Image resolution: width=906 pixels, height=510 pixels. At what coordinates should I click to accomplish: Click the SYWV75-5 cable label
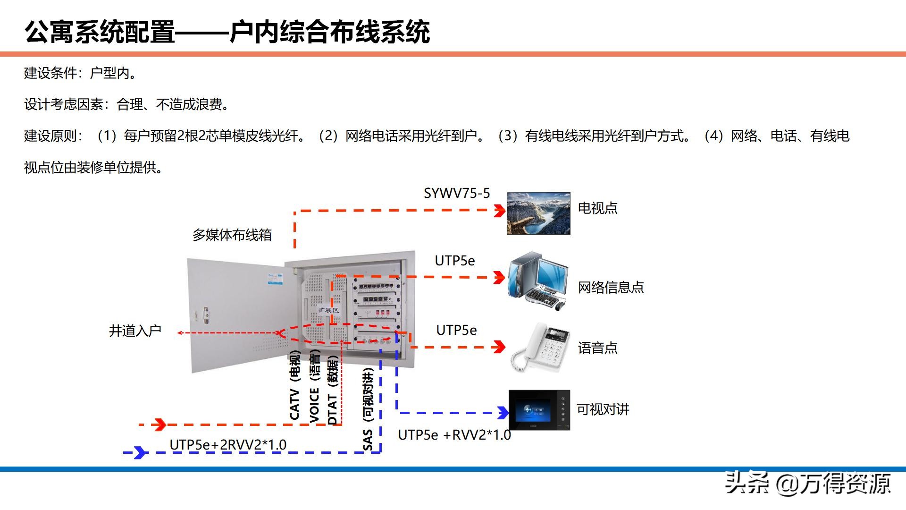456,193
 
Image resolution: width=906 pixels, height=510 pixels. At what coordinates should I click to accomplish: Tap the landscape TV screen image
538,213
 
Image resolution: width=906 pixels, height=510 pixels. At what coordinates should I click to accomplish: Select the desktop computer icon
538,280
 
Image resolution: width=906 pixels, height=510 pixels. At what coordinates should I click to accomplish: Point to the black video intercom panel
539,409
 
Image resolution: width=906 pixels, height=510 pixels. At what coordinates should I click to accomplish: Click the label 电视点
597,208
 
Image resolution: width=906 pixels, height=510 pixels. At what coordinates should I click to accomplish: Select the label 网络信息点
611,287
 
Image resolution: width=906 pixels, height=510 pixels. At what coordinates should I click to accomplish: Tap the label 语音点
597,348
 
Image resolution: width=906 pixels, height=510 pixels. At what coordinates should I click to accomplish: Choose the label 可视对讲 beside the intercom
603,409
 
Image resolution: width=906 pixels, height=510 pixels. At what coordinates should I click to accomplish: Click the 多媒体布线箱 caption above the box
232,235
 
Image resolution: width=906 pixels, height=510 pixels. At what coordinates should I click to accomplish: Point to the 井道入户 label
135,331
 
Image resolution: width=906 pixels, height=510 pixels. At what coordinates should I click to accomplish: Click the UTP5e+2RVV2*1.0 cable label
228,444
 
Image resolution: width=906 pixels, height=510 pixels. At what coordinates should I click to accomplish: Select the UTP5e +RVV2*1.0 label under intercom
454,435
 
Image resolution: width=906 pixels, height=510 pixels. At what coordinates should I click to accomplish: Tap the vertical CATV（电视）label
295,385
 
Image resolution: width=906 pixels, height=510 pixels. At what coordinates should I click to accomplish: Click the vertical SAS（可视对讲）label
368,409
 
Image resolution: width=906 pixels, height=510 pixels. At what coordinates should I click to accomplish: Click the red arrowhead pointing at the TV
499,211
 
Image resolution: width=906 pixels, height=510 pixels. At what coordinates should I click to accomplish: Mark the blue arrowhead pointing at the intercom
503,413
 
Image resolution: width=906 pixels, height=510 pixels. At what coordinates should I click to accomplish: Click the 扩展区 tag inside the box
328,310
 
